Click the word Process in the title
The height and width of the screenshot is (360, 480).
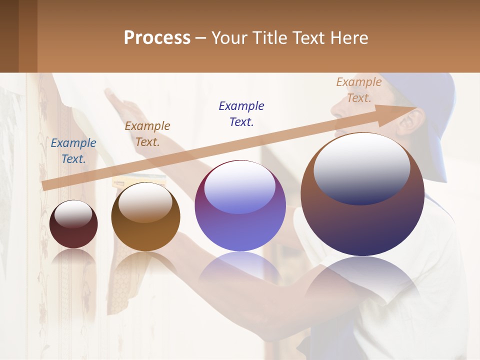(x=157, y=37)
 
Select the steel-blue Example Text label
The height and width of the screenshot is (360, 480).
(x=73, y=151)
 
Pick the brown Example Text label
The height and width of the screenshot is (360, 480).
(x=147, y=134)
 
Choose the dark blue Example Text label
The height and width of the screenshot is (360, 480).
(x=241, y=114)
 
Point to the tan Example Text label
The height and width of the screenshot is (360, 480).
(x=359, y=90)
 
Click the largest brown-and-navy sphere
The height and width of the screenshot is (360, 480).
(x=362, y=220)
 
